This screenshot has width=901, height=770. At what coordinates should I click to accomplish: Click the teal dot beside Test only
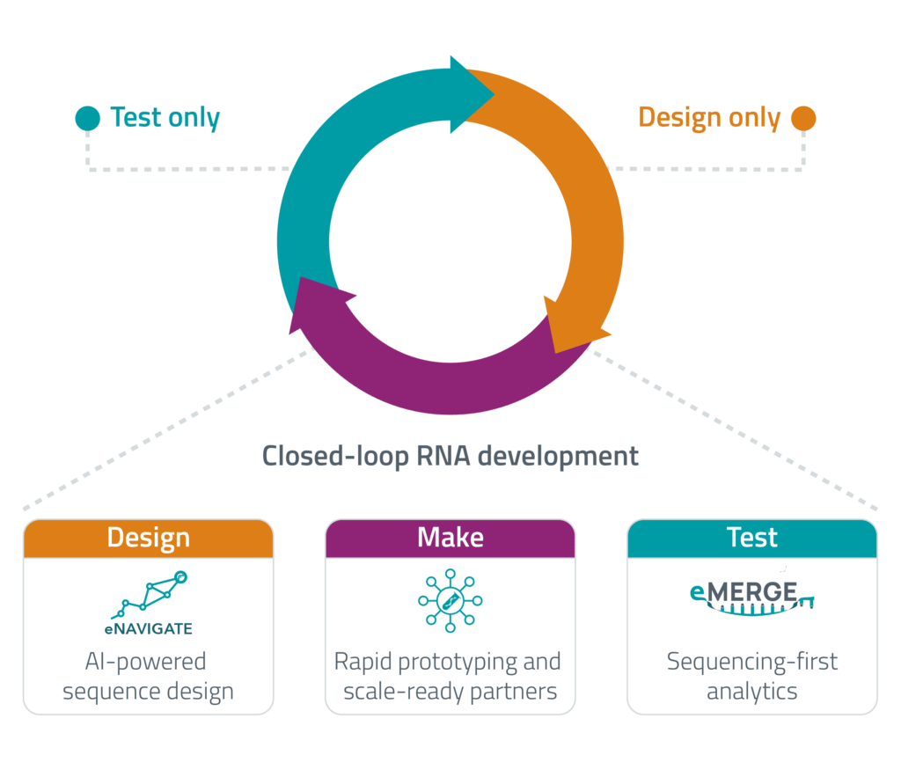(x=87, y=118)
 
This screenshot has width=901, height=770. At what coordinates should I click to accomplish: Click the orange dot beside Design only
(x=802, y=118)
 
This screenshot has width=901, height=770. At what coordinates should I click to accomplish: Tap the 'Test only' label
(x=165, y=118)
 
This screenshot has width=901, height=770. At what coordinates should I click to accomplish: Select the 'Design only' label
(x=709, y=118)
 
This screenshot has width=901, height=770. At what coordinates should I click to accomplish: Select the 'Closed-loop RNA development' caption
(x=450, y=457)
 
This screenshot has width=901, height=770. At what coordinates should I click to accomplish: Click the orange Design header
(x=148, y=538)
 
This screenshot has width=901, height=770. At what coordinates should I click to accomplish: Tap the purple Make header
(x=450, y=538)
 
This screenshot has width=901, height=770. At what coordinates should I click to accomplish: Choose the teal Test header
(x=751, y=538)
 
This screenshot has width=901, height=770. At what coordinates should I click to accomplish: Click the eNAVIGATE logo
(x=148, y=604)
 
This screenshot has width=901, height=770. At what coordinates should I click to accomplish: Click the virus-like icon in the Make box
(x=450, y=600)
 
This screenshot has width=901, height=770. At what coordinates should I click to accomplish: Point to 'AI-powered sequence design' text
(x=148, y=675)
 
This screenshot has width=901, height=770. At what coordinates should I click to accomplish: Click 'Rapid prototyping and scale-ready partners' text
(x=450, y=675)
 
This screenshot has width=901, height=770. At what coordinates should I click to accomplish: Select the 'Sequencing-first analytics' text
(x=751, y=675)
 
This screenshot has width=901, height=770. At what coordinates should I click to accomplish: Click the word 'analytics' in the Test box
(x=751, y=691)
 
